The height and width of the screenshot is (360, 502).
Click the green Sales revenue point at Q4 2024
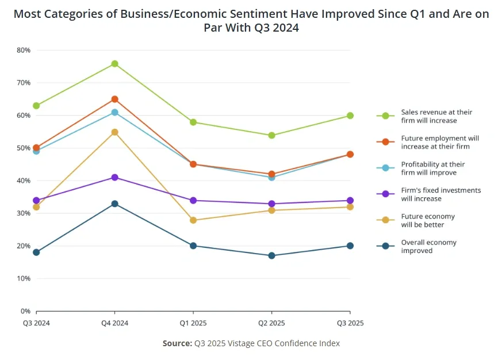(x=114, y=64)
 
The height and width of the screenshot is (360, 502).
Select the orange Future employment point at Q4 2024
(x=114, y=99)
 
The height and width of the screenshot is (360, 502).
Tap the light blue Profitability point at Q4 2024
(x=114, y=113)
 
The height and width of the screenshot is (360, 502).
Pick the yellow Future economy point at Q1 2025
(x=193, y=220)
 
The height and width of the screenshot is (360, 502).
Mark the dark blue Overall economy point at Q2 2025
(x=271, y=256)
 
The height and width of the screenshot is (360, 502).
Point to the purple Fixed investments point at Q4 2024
(x=114, y=178)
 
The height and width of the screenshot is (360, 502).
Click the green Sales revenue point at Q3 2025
(x=350, y=116)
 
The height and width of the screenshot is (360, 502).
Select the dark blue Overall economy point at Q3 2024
(x=36, y=252)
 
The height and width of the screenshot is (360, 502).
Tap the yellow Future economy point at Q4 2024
(x=114, y=132)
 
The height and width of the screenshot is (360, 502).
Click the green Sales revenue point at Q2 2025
(x=271, y=136)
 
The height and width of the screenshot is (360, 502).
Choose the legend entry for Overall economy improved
(x=428, y=246)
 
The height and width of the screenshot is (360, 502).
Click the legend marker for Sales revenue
(x=385, y=116)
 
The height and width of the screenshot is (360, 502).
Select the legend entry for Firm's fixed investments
(x=440, y=194)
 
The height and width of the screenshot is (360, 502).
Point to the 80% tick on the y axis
(x=24, y=50)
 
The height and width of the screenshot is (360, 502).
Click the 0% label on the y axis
(x=25, y=311)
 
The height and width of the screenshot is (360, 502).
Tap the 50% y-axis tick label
(x=24, y=148)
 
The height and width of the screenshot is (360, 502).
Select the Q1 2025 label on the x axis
(x=193, y=323)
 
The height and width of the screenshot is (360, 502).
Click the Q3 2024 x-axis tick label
(x=36, y=323)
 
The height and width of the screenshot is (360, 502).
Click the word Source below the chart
(x=177, y=343)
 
